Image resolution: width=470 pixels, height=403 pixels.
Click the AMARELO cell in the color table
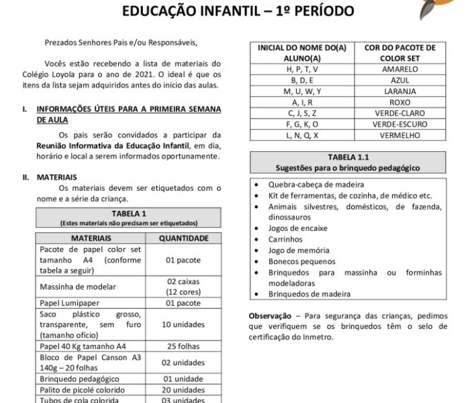(x=399, y=69)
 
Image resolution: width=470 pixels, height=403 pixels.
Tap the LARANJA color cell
(x=399, y=91)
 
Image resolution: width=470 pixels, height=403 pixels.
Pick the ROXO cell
(x=399, y=102)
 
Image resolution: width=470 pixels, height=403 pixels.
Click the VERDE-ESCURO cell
(x=399, y=124)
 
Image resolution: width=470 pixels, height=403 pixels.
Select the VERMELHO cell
(x=399, y=135)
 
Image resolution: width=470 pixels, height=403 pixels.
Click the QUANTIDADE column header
(x=183, y=238)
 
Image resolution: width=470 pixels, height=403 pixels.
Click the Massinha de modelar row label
(x=78, y=287)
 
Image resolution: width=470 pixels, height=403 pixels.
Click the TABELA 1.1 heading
(x=347, y=157)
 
